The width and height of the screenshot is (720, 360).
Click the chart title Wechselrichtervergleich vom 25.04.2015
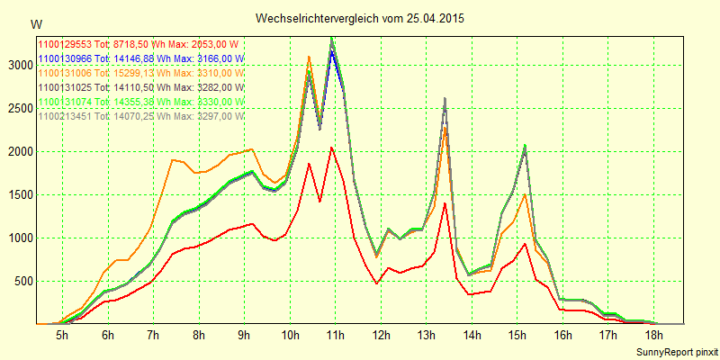360,18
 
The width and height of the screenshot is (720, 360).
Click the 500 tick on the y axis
22,281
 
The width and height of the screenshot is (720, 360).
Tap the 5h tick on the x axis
62,335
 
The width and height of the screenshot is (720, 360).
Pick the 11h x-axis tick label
335,335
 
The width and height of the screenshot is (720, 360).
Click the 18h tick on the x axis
654,335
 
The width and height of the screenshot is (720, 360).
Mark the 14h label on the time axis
472,335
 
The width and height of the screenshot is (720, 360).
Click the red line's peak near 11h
332,148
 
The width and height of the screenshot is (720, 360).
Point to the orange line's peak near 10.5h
309,57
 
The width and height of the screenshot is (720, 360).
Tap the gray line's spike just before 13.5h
445,98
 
